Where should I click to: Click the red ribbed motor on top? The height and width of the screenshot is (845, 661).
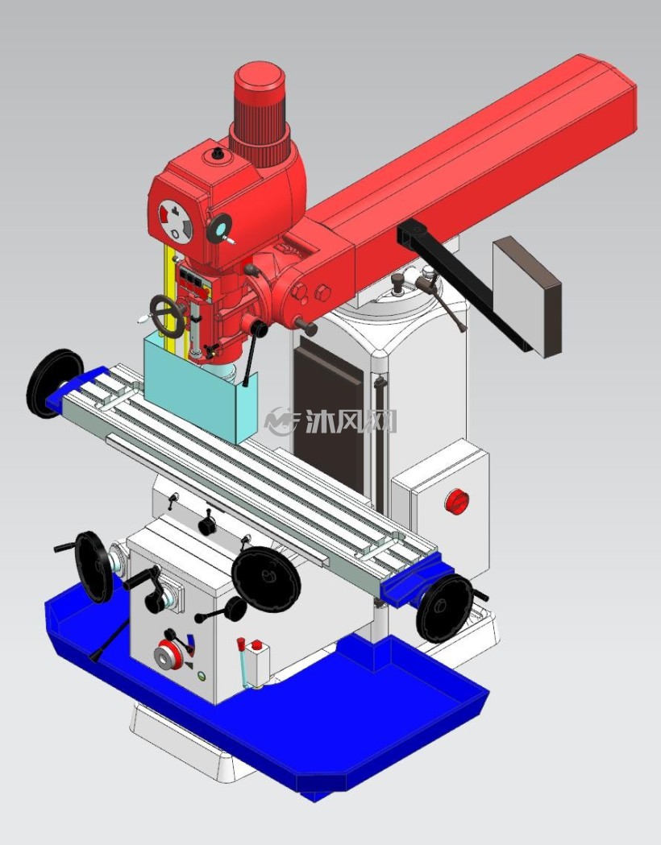point(260,113)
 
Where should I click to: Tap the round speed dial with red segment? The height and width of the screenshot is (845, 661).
point(175,220)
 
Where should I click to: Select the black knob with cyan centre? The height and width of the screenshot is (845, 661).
point(220,229)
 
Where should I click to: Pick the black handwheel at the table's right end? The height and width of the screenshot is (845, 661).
point(445,608)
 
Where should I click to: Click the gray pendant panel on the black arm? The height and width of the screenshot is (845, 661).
point(526,296)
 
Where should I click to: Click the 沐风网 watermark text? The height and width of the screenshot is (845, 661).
point(351,421)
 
